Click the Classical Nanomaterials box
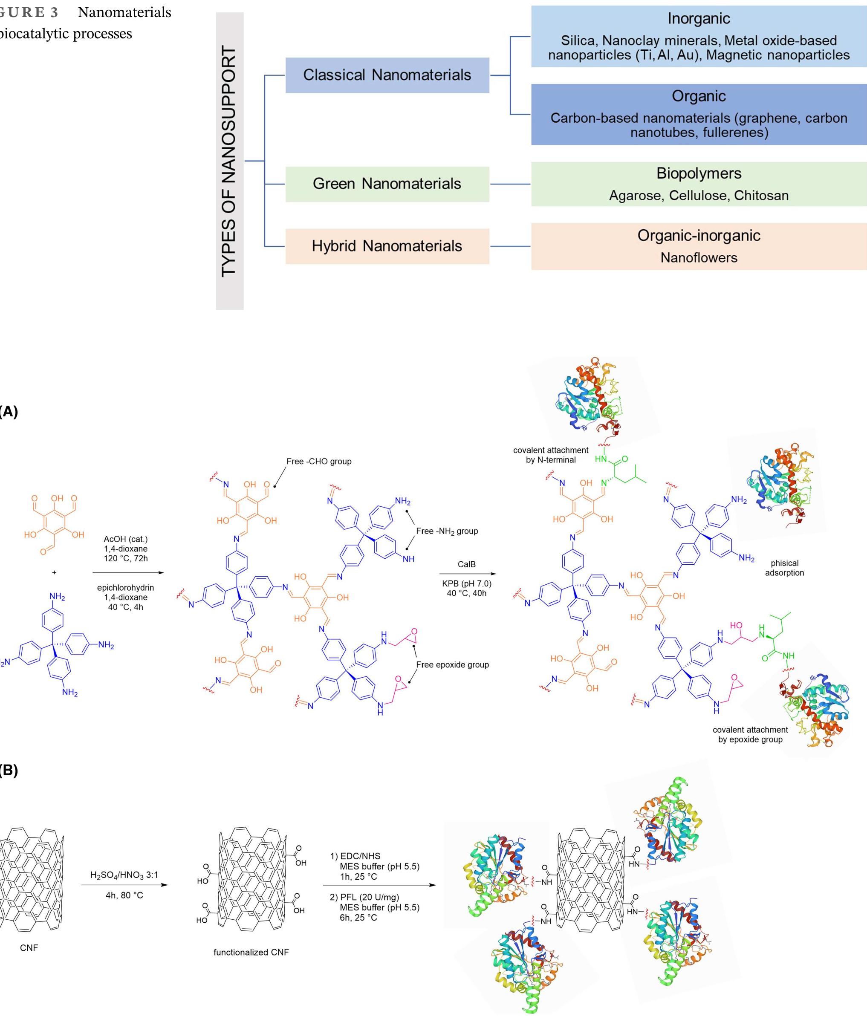pyautogui.click(x=387, y=75)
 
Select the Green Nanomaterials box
pyautogui.click(x=387, y=184)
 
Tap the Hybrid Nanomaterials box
pyautogui.click(x=387, y=245)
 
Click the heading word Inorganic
pyautogui.click(x=698, y=19)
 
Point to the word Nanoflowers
pyautogui.click(x=698, y=257)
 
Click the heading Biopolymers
pyautogui.click(x=698, y=173)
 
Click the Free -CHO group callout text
pyautogui.click(x=318, y=462)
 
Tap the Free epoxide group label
pyautogui.click(x=452, y=665)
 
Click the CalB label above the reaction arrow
pyautogui.click(x=466, y=564)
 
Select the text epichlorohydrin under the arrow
pyautogui.click(x=125, y=588)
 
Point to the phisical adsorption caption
pyautogui.click(x=784, y=568)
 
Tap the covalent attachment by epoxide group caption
pyautogui.click(x=750, y=735)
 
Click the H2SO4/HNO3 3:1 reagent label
pyautogui.click(x=124, y=875)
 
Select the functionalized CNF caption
pyautogui.click(x=251, y=952)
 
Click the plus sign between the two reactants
pyautogui.click(x=54, y=572)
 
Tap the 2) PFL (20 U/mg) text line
pyautogui.click(x=364, y=897)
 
